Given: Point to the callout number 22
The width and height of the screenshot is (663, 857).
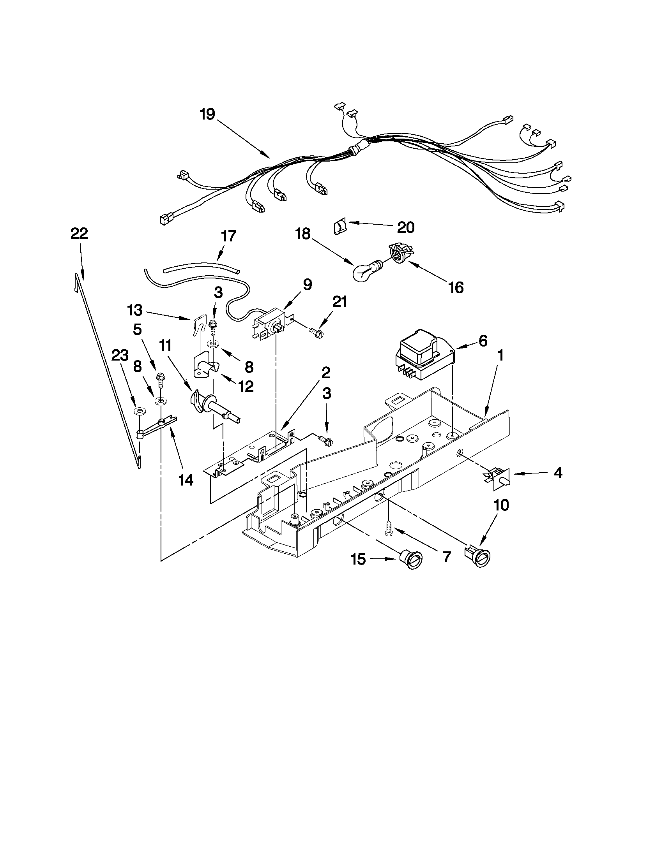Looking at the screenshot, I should [x=79, y=234].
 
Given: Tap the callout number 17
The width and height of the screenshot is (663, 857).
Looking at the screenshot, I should [x=228, y=236].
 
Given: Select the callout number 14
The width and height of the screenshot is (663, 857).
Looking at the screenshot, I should [x=186, y=480].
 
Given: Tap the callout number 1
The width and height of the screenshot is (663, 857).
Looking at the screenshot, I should [x=500, y=356].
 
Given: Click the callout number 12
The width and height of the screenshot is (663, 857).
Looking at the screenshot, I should [x=246, y=387].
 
